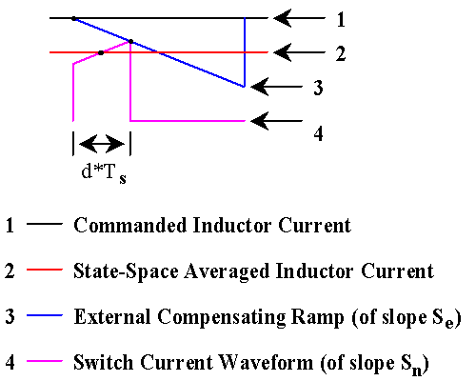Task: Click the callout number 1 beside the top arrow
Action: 341,20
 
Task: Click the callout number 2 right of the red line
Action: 341,53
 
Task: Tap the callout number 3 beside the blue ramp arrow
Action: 318,88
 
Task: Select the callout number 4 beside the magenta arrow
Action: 319,133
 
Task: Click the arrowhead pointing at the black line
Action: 283,18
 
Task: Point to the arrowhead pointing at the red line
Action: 283,52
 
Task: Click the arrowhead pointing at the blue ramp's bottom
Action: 260,87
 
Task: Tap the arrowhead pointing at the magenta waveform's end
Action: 260,121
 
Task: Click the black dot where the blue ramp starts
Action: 73,19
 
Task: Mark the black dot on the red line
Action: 101,52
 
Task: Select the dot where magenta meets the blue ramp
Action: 130,41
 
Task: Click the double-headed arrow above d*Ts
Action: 102,144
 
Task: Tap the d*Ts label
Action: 104,173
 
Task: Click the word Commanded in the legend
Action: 130,225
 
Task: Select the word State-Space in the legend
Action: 126,271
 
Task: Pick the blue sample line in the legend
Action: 45,315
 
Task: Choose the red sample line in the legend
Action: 45,270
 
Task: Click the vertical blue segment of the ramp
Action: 245,52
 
